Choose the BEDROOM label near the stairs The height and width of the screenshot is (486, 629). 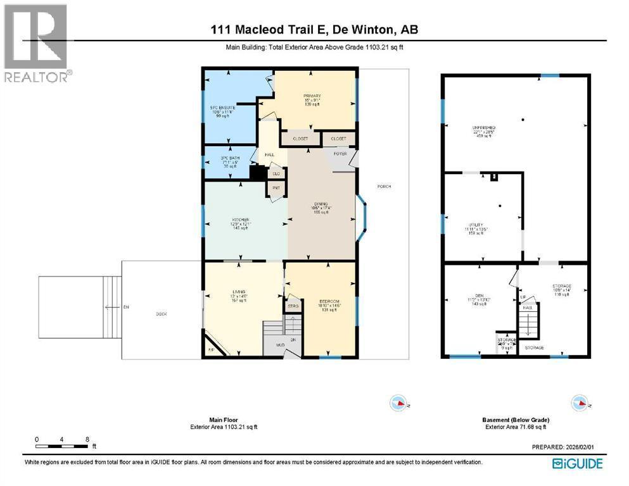click(x=329, y=301)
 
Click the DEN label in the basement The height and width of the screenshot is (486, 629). click(x=473, y=296)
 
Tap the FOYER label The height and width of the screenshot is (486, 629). click(x=340, y=153)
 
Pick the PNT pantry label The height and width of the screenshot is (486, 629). click(x=276, y=188)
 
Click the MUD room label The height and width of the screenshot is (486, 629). click(x=279, y=346)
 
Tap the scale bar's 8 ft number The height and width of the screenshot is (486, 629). click(x=86, y=439)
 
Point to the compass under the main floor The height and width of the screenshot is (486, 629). click(x=398, y=402)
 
